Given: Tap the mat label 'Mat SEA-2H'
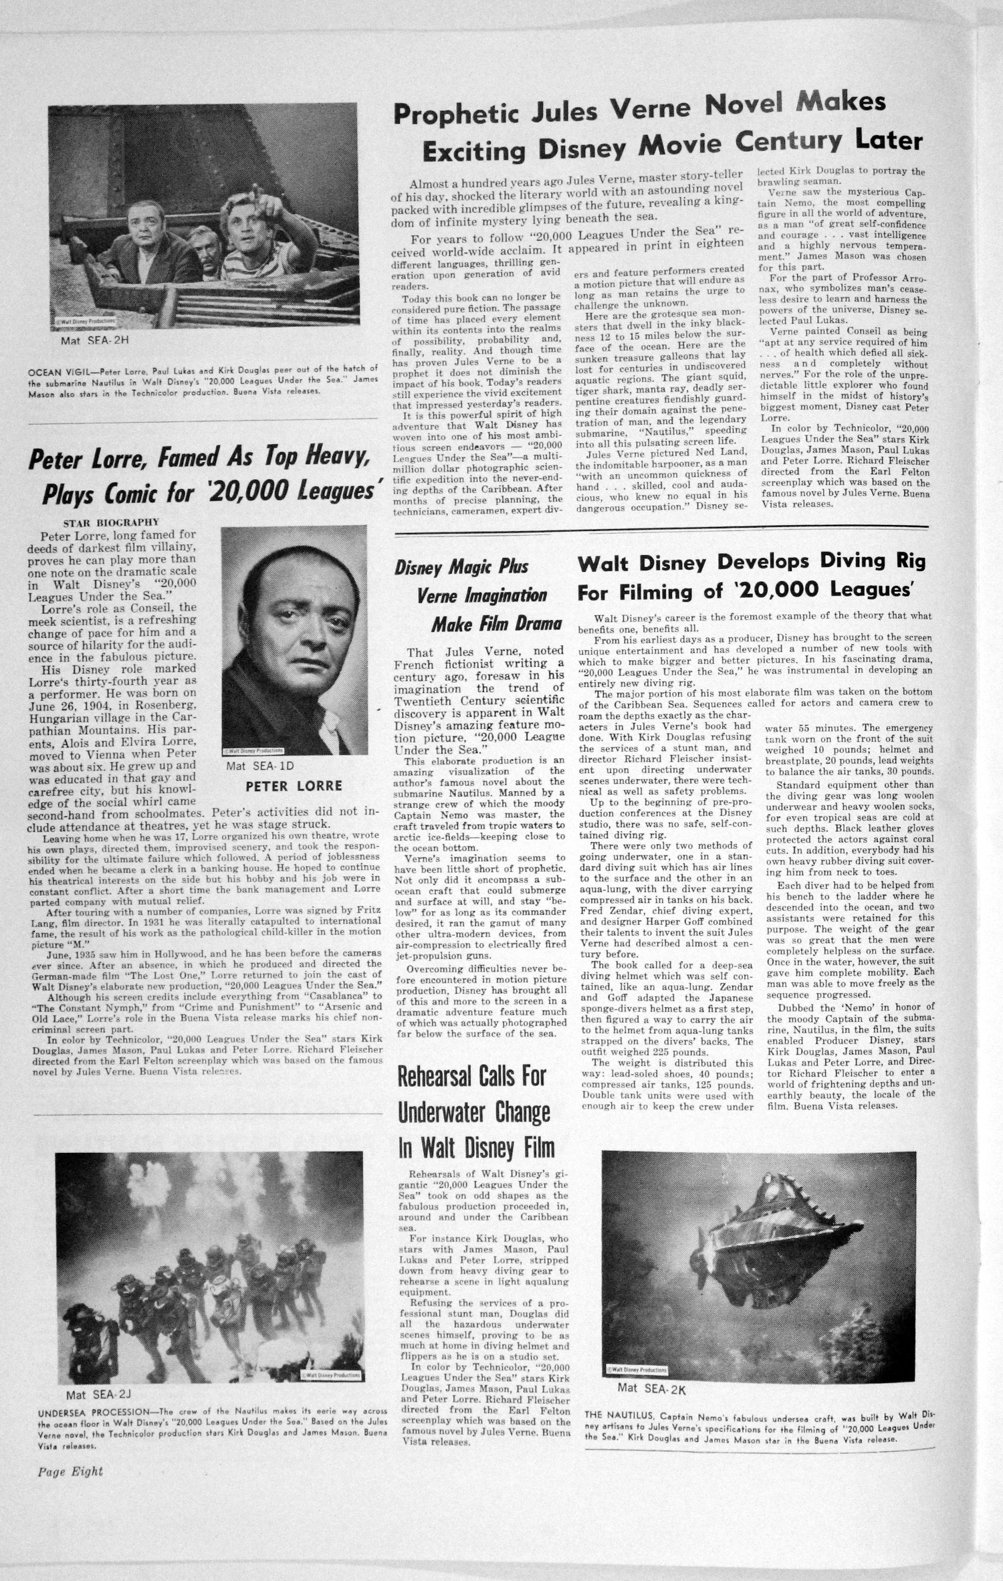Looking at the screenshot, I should tap(94, 340).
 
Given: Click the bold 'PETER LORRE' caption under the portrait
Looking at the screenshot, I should tap(294, 786).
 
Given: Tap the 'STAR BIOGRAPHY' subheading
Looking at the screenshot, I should tap(111, 522).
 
